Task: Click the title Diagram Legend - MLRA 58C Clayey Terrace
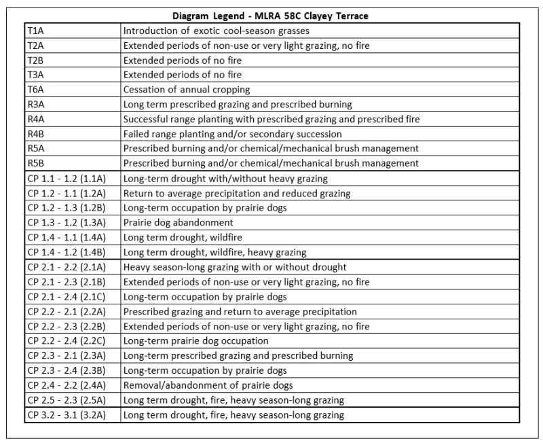tap(271, 16)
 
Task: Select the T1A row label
tap(36, 31)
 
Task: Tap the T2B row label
tap(36, 60)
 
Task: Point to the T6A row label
tap(36, 89)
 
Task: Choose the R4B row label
tap(36, 133)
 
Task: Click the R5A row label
tap(36, 148)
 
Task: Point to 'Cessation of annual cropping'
tap(187, 89)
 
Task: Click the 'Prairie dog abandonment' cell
tap(178, 222)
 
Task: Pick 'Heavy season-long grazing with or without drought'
tap(235, 267)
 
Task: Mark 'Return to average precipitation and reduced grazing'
tap(237, 193)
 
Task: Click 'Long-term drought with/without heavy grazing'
tap(225, 178)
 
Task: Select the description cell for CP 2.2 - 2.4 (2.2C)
tap(196, 340)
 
